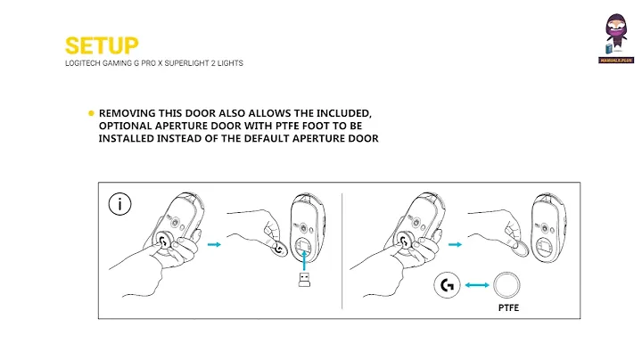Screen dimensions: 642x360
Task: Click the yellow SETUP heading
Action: pos(102,45)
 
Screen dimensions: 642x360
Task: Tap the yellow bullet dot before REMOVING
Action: pos(91,113)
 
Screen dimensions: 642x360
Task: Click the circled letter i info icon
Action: pos(120,204)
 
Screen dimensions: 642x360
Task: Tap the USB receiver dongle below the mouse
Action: pos(304,280)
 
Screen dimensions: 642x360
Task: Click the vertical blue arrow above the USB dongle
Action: pos(304,260)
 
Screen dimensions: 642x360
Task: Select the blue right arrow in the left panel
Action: pos(214,245)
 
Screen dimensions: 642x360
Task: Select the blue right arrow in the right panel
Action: pos(455,245)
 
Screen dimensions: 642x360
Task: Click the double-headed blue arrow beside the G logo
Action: pos(477,285)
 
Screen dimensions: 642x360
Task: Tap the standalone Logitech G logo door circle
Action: pos(447,285)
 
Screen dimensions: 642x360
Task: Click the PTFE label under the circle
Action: pos(508,307)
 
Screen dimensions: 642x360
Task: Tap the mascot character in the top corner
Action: pos(616,35)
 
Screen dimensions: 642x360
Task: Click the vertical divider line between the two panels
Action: pos(342,251)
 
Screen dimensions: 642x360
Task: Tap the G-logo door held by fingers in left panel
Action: pos(278,247)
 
